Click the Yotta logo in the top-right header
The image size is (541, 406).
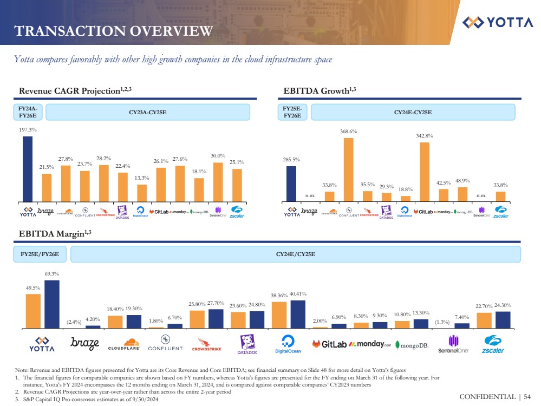(x=498, y=22)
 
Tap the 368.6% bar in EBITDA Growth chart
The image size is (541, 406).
(x=348, y=169)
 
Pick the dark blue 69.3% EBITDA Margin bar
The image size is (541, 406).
(x=52, y=304)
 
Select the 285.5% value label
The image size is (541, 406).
(x=291, y=160)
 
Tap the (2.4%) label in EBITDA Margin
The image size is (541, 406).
(x=74, y=322)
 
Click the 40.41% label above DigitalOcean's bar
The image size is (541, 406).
(x=298, y=294)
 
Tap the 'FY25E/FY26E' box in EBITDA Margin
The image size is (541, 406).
(x=40, y=254)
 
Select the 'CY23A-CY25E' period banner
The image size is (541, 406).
(x=147, y=113)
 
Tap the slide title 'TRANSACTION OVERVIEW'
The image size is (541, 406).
(x=113, y=31)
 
